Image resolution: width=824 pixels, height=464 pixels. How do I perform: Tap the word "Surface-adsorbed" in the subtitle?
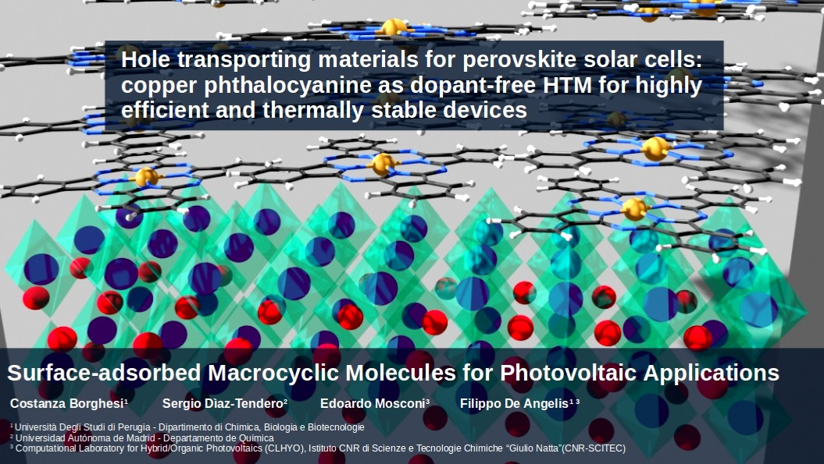tap(104, 374)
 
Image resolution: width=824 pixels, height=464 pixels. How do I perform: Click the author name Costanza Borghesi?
tap(67, 404)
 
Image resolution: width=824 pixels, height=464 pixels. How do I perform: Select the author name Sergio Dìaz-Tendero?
tap(223, 404)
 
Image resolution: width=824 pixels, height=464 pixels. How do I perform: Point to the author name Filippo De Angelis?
tap(514, 404)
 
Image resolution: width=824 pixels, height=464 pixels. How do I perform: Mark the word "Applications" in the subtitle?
tap(711, 374)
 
